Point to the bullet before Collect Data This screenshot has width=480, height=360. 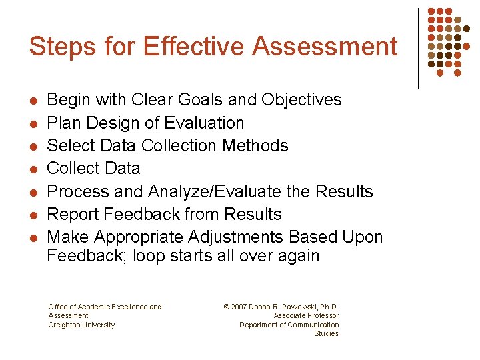[x=33, y=169]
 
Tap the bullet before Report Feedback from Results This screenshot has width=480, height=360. [x=33, y=215]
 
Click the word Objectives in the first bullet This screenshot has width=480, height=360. [x=301, y=100]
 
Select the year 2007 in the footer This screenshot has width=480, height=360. [x=239, y=307]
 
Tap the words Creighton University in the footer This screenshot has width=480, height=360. [x=81, y=325]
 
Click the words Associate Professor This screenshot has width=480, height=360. [x=306, y=316]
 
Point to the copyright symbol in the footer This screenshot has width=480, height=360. [x=227, y=307]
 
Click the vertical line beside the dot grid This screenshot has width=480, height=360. [x=418, y=48]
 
